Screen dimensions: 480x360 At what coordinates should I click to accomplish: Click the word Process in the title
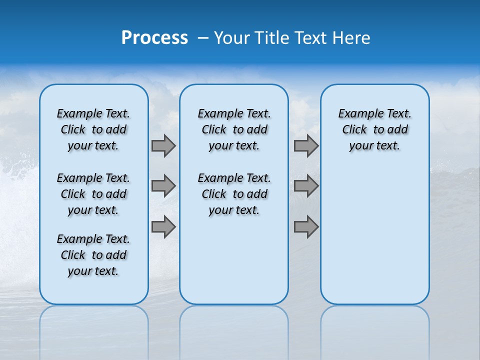[x=154, y=37]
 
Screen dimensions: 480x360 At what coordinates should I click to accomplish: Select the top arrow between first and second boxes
[x=163, y=145]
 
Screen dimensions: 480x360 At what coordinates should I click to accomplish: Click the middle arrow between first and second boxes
[x=163, y=186]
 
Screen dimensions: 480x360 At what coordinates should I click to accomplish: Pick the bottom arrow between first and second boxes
[x=163, y=227]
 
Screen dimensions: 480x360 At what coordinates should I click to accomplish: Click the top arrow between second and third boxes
[x=306, y=145]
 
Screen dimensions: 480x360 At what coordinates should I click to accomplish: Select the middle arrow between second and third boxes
[x=306, y=186]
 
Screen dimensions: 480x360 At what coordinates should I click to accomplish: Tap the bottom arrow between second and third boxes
[x=306, y=227]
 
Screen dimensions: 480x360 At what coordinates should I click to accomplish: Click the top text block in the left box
[x=93, y=129]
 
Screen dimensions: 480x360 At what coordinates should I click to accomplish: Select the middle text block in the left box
[x=93, y=194]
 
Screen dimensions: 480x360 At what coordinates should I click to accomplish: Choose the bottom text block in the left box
[x=93, y=255]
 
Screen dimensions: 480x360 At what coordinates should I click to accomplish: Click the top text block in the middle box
[x=234, y=129]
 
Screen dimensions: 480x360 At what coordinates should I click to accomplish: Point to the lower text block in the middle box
[x=234, y=194]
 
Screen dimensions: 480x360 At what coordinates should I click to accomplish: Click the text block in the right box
[x=374, y=129]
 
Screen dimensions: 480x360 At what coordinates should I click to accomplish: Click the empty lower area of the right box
[x=374, y=235]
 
